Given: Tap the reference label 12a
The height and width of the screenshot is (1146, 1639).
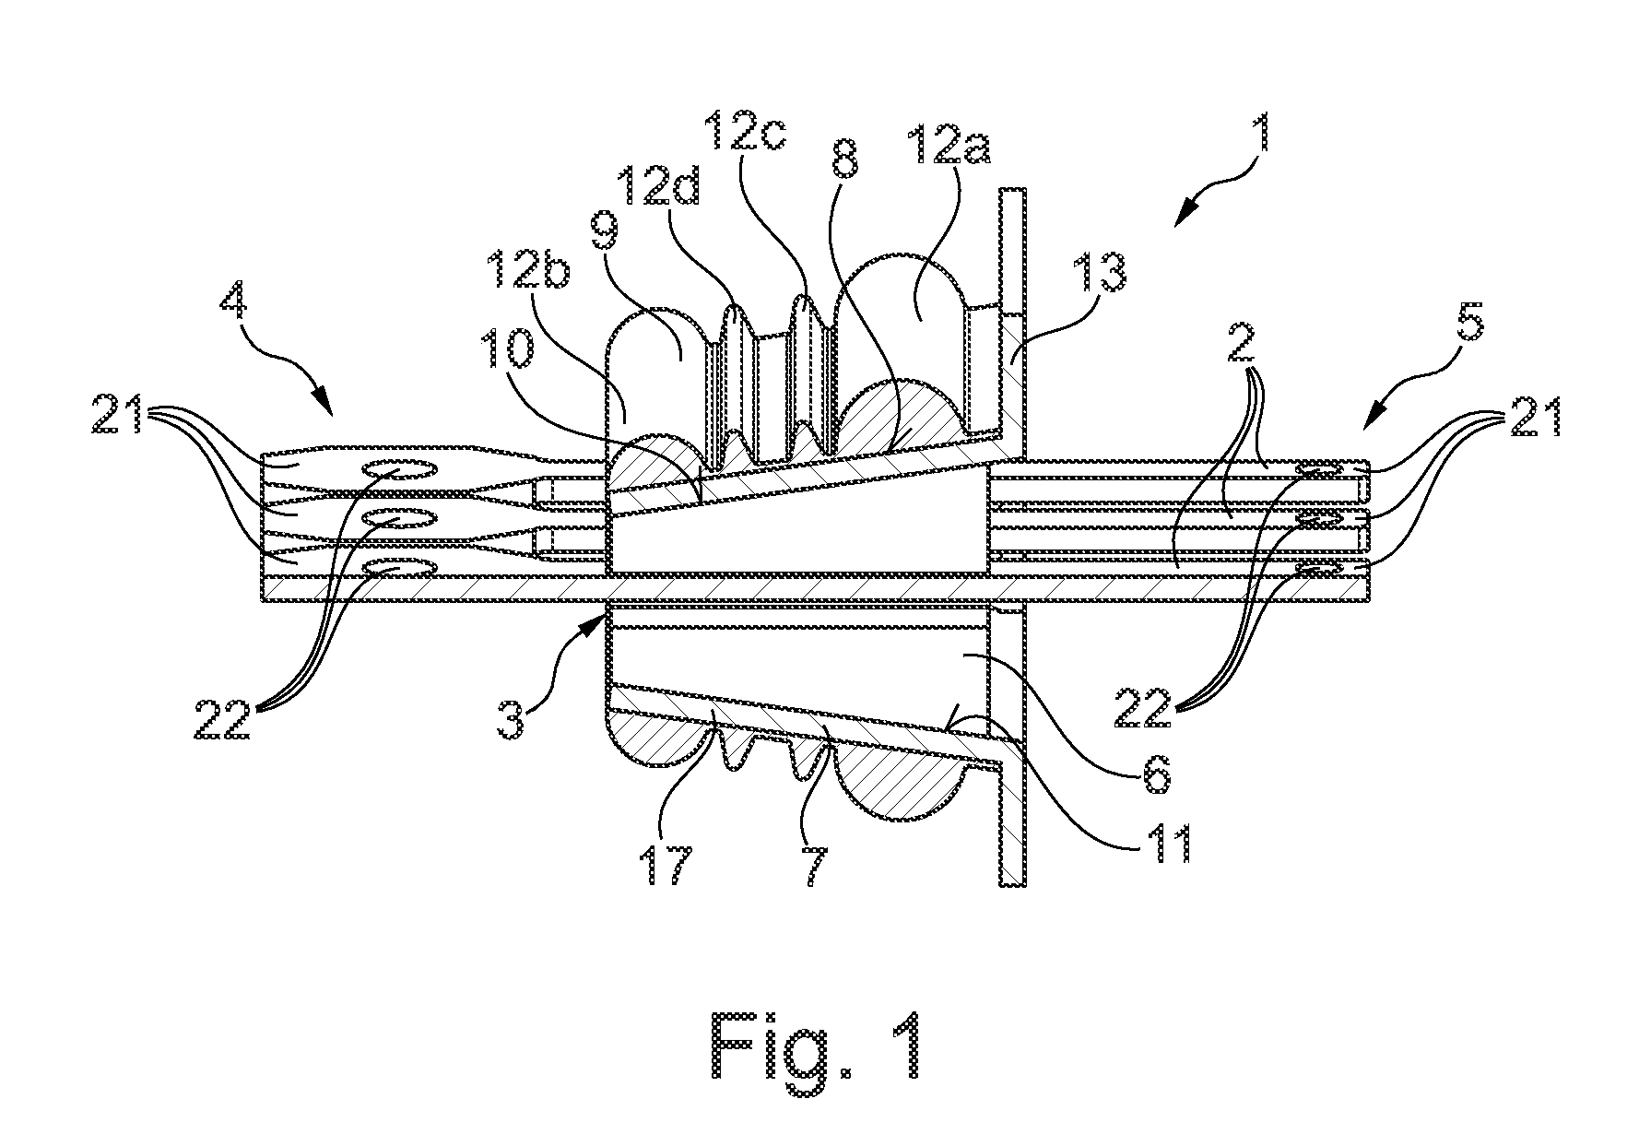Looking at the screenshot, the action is point(932,141).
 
